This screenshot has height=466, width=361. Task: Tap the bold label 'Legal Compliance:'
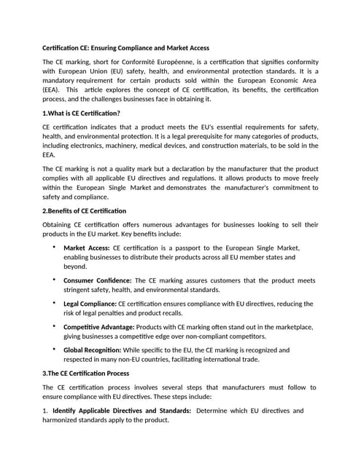point(90,304)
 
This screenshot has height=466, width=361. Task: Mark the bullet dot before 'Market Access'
point(55,248)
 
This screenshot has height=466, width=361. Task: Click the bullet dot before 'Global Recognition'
point(55,349)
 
